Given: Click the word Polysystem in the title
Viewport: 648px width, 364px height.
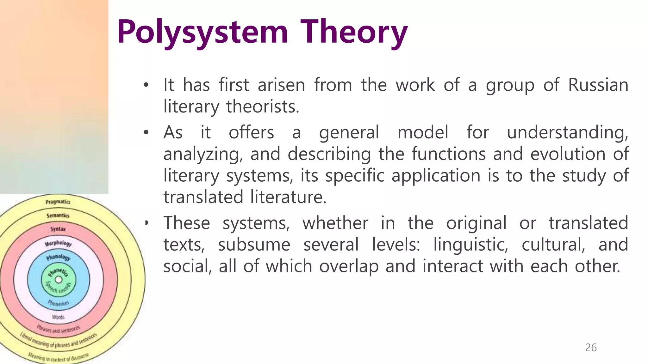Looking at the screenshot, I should pos(202,32).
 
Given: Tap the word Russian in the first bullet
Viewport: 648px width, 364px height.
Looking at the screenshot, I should pos(598,85).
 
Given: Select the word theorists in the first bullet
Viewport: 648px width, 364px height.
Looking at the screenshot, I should pos(263,106).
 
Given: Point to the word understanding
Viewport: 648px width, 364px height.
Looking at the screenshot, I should pos(568,132).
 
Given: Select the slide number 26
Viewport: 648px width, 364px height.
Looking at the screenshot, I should pos(591,348).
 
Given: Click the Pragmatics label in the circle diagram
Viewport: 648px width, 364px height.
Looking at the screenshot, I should pos(58,202).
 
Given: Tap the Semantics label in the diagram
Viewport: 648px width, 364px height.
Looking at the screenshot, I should pos(58,215).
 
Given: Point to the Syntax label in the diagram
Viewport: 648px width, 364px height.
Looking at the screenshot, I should pos(58,229).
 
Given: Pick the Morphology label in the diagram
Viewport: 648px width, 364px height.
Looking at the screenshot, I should pos(58,243).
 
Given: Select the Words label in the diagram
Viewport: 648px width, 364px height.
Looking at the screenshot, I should pos(58,317).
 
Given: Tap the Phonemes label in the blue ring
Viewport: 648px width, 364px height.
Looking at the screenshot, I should pos(58,303).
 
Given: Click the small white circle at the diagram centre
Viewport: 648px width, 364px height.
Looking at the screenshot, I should pos(59,280).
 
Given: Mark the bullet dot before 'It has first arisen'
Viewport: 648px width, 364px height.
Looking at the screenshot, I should pos(146,85).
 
